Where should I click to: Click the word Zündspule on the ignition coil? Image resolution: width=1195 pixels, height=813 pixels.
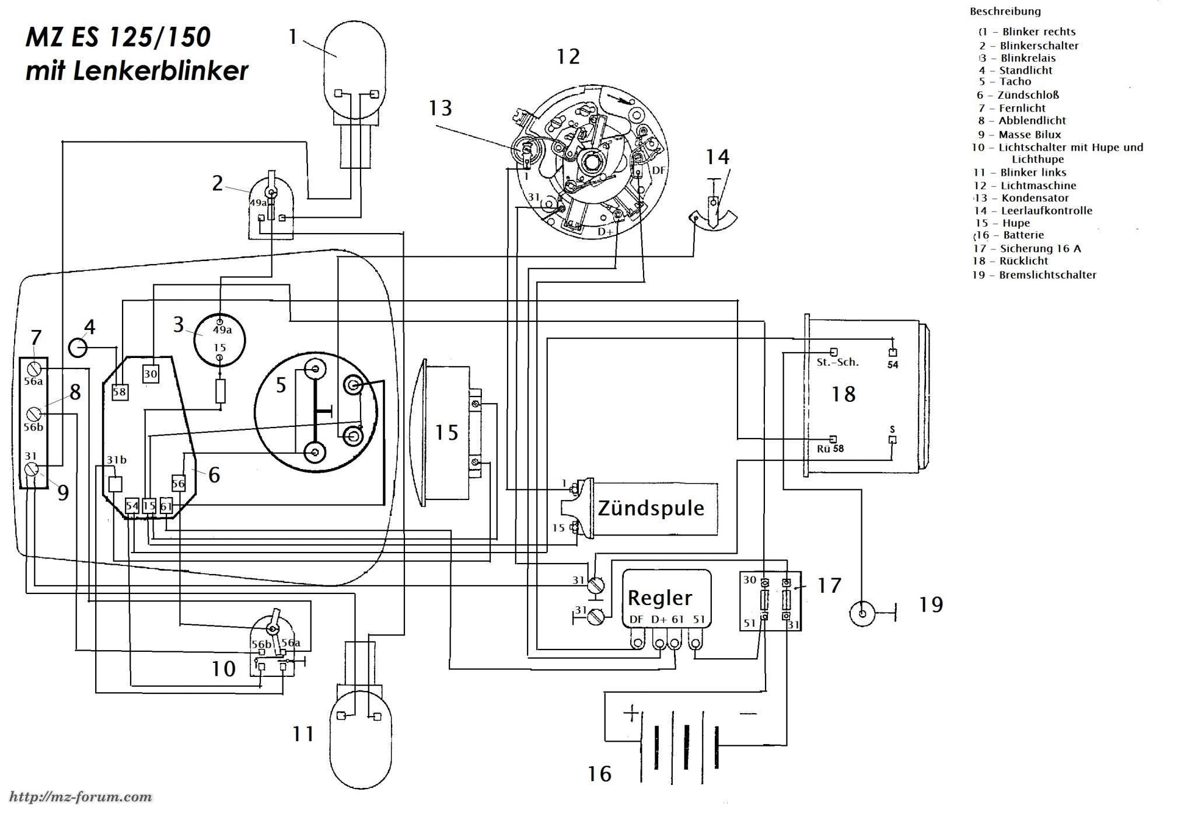point(651,508)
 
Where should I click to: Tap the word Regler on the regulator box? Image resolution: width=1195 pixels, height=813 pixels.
point(659,597)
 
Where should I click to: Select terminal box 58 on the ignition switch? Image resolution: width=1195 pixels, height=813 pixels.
point(120,391)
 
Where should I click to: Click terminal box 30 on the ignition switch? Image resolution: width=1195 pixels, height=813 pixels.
point(151,374)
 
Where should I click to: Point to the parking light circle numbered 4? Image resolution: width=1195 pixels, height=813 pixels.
point(78,348)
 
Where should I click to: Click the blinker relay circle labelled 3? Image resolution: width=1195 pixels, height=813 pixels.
point(219,341)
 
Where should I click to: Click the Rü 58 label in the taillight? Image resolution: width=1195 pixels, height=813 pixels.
point(830,449)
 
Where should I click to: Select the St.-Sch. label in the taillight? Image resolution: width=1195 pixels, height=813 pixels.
point(837,362)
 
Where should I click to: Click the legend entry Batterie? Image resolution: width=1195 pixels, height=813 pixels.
point(1023,235)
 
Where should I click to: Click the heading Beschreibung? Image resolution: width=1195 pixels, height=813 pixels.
point(1005,11)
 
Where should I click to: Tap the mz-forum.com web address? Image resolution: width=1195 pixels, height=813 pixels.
point(82,797)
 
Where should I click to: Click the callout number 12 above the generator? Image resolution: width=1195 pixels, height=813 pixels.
point(568,57)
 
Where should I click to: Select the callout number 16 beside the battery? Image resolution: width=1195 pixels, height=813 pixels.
point(599,773)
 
